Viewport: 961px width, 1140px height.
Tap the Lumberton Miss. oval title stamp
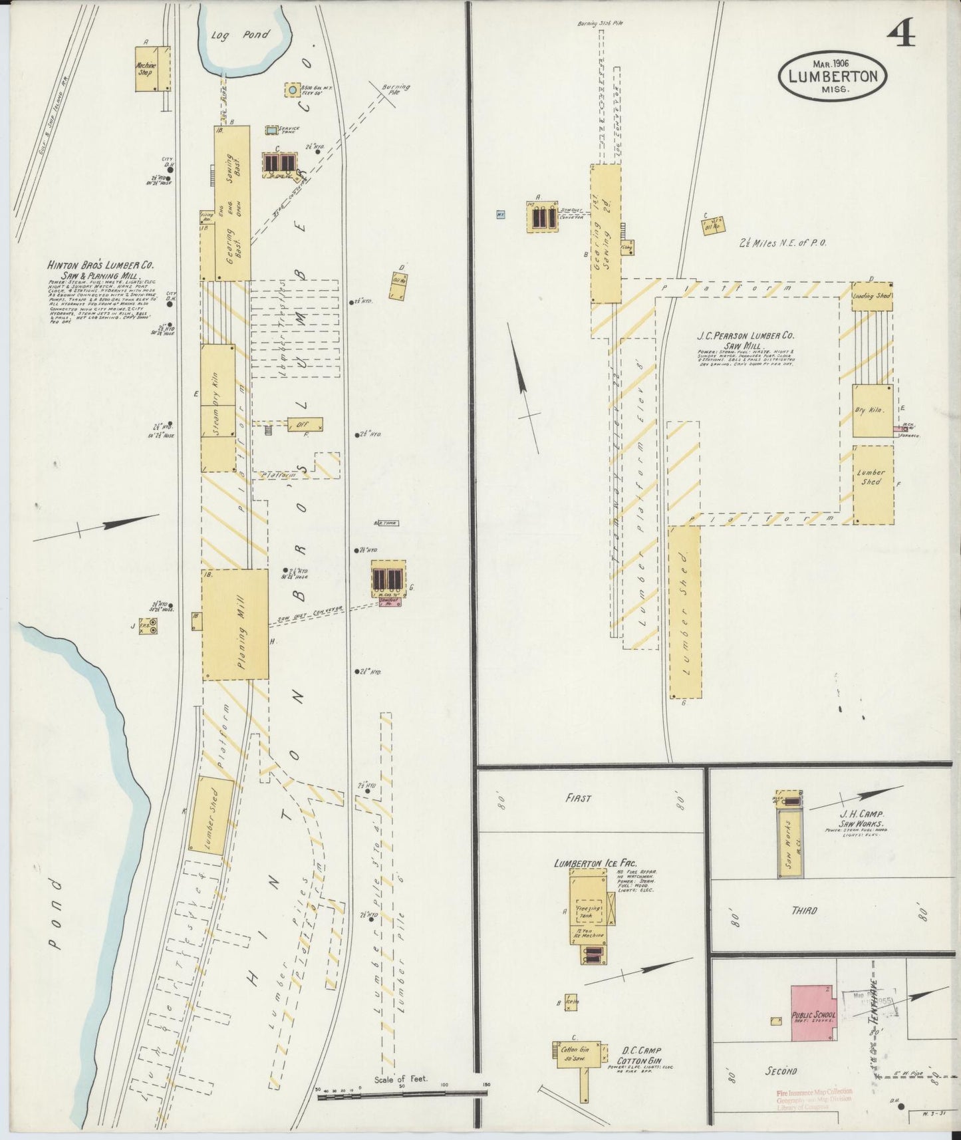pos(832,76)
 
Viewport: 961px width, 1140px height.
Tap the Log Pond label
pos(237,35)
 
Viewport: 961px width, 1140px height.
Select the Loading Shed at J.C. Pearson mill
pos(872,296)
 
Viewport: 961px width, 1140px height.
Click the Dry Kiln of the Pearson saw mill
pos(872,410)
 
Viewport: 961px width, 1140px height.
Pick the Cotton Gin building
pos(575,1051)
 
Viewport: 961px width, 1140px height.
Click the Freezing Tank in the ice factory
pos(587,911)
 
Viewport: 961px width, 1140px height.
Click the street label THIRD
pos(804,911)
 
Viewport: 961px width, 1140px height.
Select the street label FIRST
pos(578,799)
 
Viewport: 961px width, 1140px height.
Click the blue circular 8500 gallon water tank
pos(292,89)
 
